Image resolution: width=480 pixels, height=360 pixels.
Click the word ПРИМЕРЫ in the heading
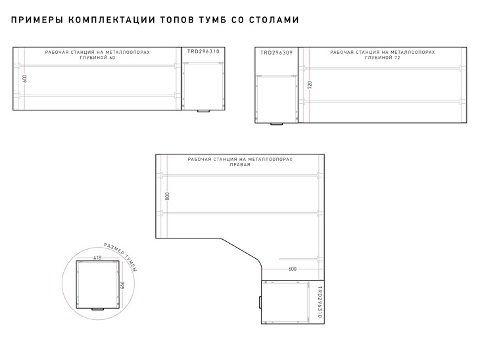point(37,20)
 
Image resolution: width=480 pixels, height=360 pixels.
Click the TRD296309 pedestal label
point(276,53)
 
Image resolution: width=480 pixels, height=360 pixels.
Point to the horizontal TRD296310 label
point(203,51)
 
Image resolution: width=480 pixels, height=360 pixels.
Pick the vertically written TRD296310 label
point(320,302)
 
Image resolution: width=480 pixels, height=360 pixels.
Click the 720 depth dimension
point(310,85)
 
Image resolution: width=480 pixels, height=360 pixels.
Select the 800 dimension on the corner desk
point(167,196)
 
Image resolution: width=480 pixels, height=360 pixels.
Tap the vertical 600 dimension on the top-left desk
point(24,78)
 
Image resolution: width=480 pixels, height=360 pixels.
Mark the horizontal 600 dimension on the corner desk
point(293,269)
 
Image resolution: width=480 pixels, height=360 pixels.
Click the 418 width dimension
point(97,258)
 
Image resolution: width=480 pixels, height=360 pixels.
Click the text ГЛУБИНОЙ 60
point(97,58)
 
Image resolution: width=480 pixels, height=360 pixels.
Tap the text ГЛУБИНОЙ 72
point(383,58)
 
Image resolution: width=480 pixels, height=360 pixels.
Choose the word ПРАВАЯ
point(240,165)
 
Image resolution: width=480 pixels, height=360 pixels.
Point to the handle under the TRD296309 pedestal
point(276,124)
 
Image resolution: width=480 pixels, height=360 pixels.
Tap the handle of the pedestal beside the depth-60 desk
point(204,111)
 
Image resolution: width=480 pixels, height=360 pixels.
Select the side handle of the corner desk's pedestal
point(260,302)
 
